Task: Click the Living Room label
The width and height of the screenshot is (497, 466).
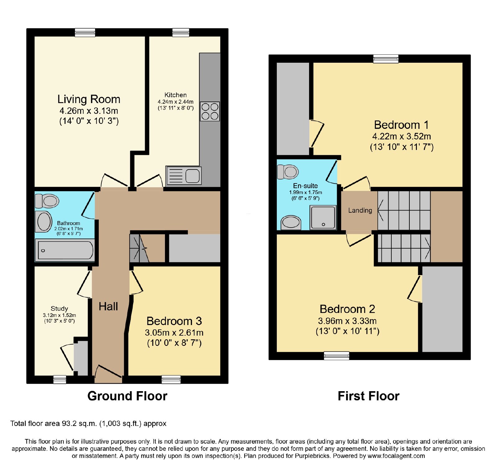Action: pyautogui.click(x=89, y=99)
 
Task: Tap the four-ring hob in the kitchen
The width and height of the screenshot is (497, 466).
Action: pyautogui.click(x=210, y=111)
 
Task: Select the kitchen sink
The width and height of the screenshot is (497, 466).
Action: pyautogui.click(x=184, y=176)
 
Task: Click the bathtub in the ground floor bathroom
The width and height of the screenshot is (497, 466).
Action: pyautogui.click(x=65, y=250)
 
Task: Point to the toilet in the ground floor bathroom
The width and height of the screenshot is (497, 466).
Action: pyautogui.click(x=47, y=201)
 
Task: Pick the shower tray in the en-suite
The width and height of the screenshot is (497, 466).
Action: pyautogui.click(x=323, y=217)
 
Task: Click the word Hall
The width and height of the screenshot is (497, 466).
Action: pyautogui.click(x=108, y=307)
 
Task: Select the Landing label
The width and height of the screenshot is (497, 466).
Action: pyautogui.click(x=360, y=210)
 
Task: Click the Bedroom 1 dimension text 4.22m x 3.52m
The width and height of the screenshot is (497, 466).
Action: pyautogui.click(x=402, y=136)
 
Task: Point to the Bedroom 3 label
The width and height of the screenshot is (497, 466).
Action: pyautogui.click(x=174, y=321)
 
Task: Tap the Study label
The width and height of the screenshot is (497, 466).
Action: pyautogui.click(x=59, y=309)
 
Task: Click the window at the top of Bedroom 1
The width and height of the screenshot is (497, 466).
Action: pyautogui.click(x=386, y=59)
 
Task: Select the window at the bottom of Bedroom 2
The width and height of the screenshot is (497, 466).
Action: pyautogui.click(x=336, y=356)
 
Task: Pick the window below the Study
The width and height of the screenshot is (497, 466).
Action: pyautogui.click(x=60, y=379)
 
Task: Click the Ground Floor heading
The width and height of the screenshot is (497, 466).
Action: pyautogui.click(x=127, y=396)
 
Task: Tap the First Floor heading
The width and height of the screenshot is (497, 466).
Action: pyautogui.click(x=369, y=396)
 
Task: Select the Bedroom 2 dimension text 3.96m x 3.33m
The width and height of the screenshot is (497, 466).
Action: pyautogui.click(x=347, y=321)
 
